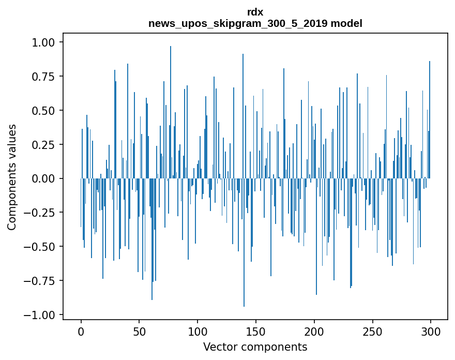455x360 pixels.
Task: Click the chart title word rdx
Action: [255, 12]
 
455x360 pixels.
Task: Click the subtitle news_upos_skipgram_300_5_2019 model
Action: [255, 23]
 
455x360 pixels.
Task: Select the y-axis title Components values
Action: [12, 177]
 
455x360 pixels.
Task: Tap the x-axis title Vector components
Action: [255, 347]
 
